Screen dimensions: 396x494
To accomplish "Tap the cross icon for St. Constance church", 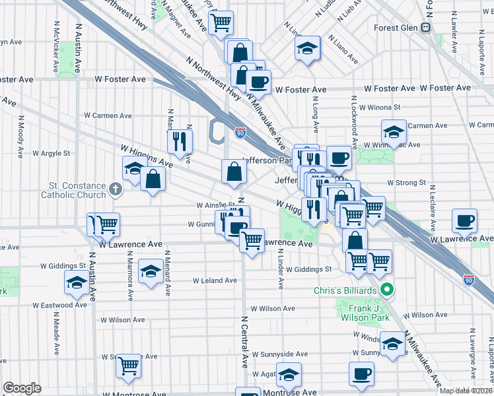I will (116, 190).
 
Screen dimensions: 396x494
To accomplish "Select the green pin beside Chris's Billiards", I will (388, 290).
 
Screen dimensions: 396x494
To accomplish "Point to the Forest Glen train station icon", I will (426, 28).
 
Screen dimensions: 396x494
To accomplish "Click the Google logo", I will (22, 388).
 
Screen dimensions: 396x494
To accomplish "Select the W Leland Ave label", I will (215, 280).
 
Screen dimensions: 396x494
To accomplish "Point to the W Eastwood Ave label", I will (60, 306).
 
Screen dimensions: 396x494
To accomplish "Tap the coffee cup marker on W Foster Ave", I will (258, 82).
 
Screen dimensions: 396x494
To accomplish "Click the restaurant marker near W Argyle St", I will (180, 141).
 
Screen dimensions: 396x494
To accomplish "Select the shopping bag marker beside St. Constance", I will (153, 178).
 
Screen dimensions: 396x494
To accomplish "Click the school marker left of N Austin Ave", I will (77, 283).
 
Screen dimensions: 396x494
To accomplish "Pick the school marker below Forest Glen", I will (307, 48).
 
